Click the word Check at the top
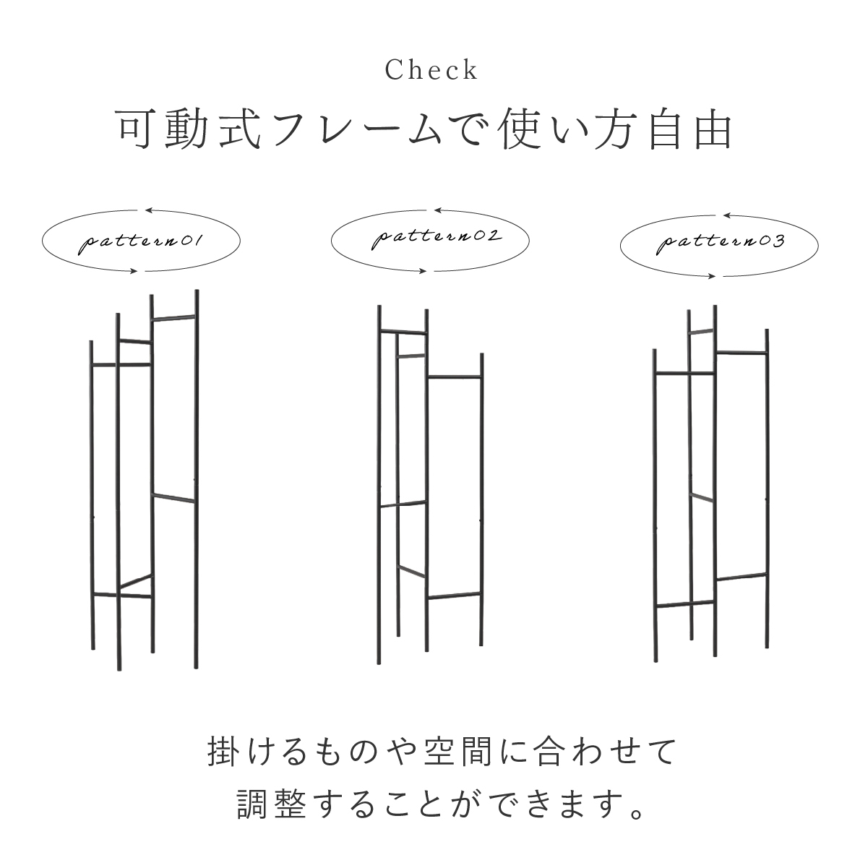[x=431, y=70]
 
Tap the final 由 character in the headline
[x=713, y=129]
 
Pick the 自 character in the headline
[x=665, y=129]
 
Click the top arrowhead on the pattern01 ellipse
[x=149, y=210]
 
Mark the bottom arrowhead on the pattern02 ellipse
[x=423, y=271]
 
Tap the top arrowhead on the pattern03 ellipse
[x=727, y=215]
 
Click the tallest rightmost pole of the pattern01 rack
[x=197, y=479]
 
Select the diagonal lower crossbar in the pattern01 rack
[x=136, y=582]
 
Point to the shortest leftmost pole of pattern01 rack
[x=93, y=495]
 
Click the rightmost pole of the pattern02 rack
[x=481, y=499]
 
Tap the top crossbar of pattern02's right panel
[x=454, y=377]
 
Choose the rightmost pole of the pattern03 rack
[x=767, y=489]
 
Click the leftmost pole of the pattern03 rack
[x=655, y=506]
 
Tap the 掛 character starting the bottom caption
[x=223, y=752]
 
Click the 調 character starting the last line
[x=252, y=803]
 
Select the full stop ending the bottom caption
[x=638, y=813]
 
